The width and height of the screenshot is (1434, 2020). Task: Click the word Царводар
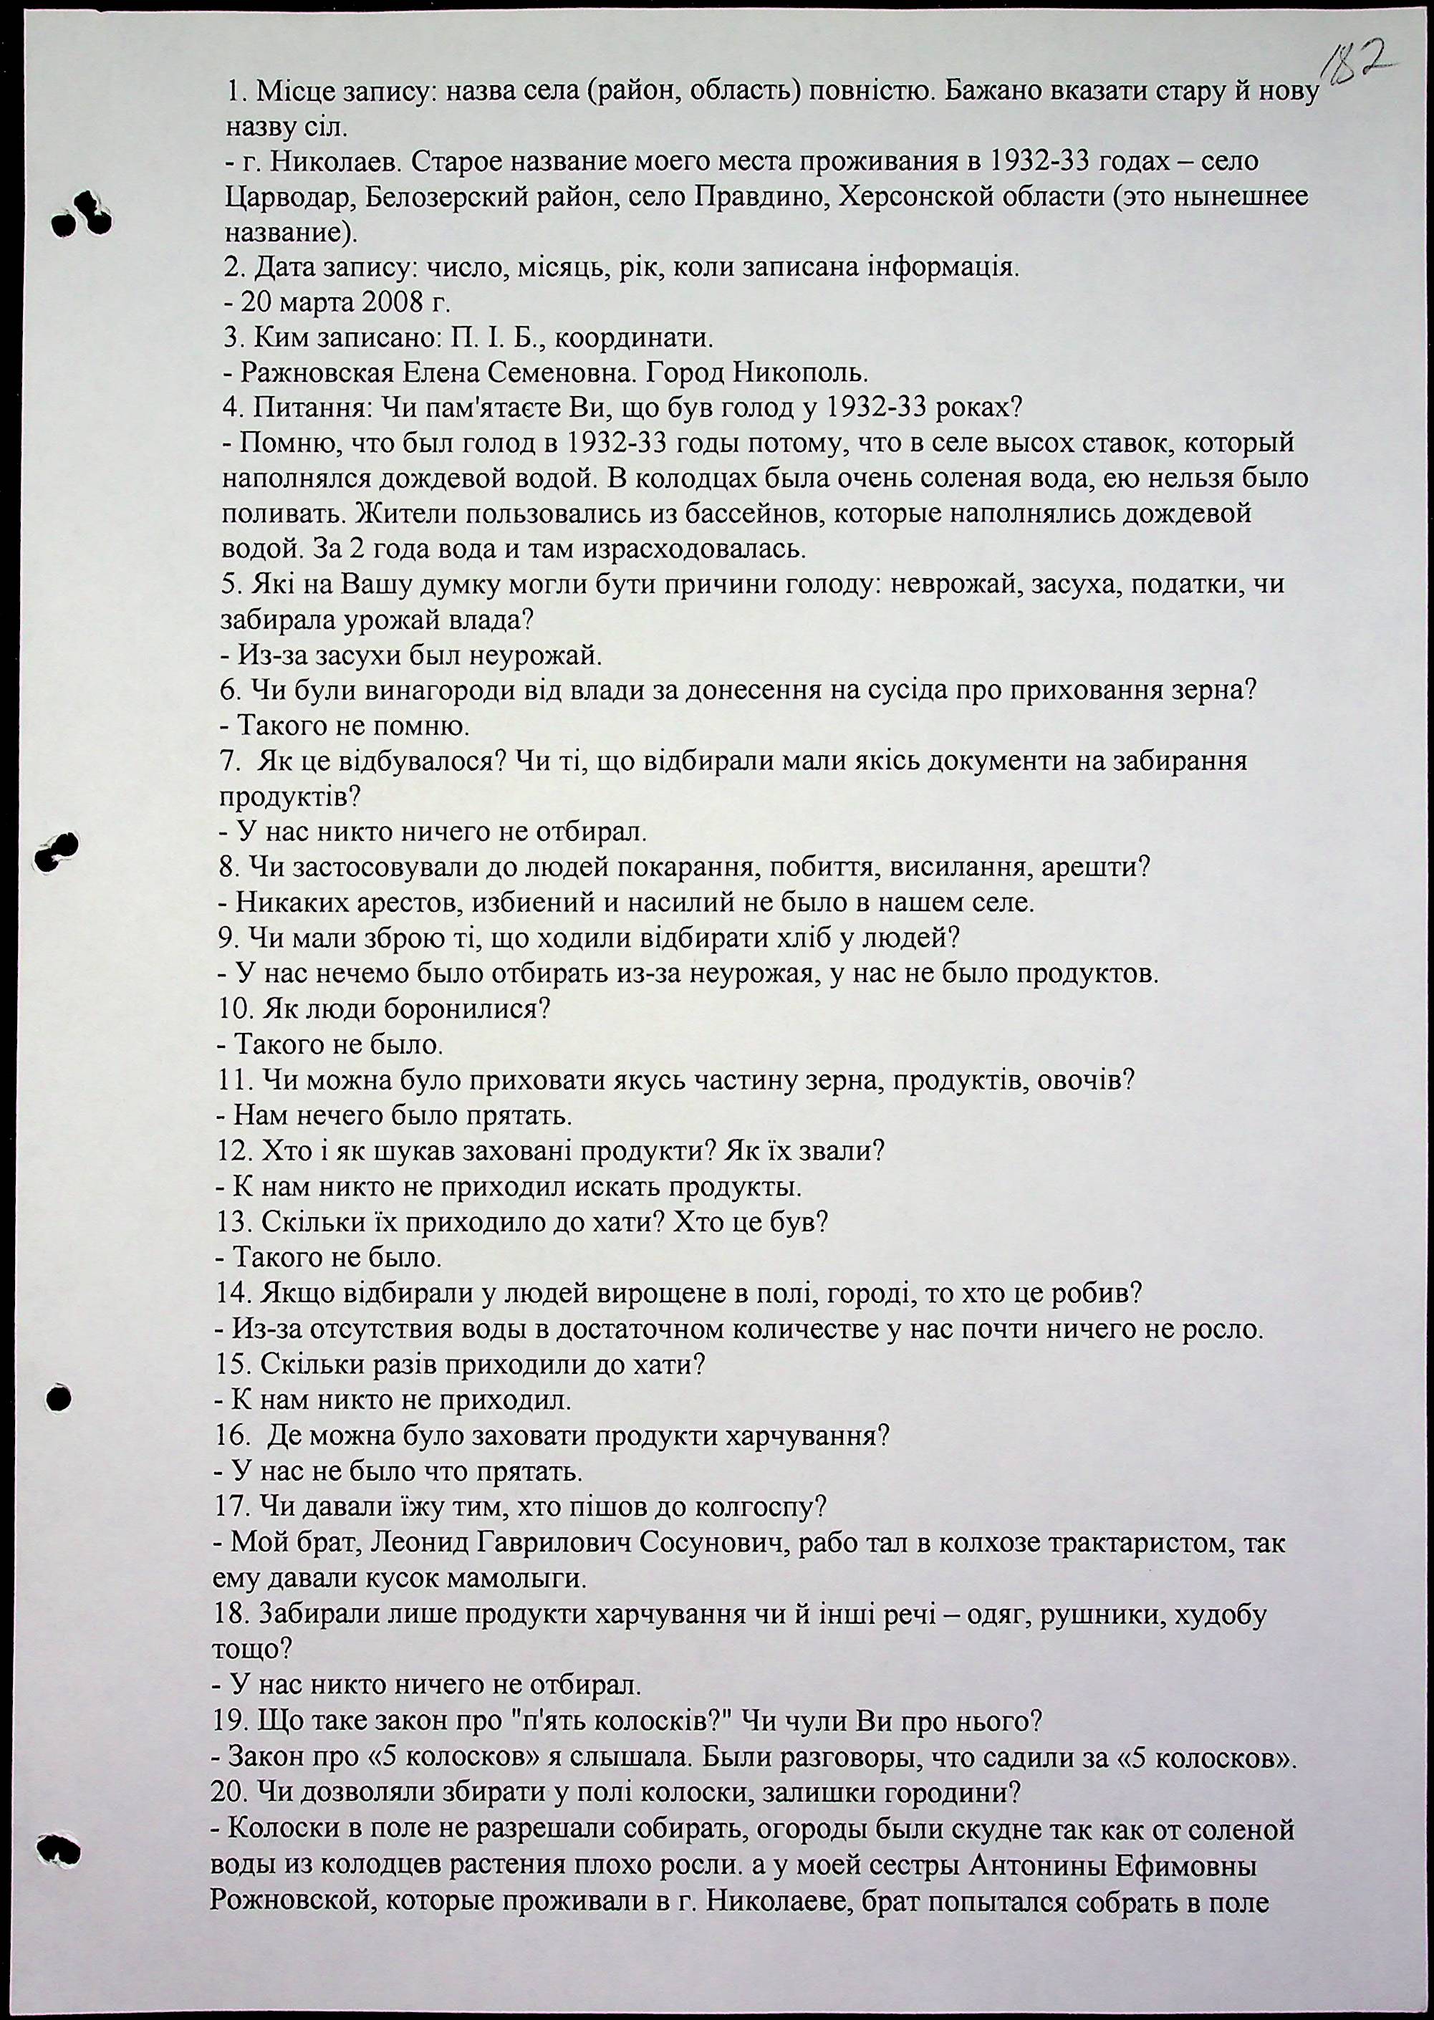coord(281,198)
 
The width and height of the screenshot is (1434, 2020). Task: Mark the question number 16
coord(231,1435)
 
